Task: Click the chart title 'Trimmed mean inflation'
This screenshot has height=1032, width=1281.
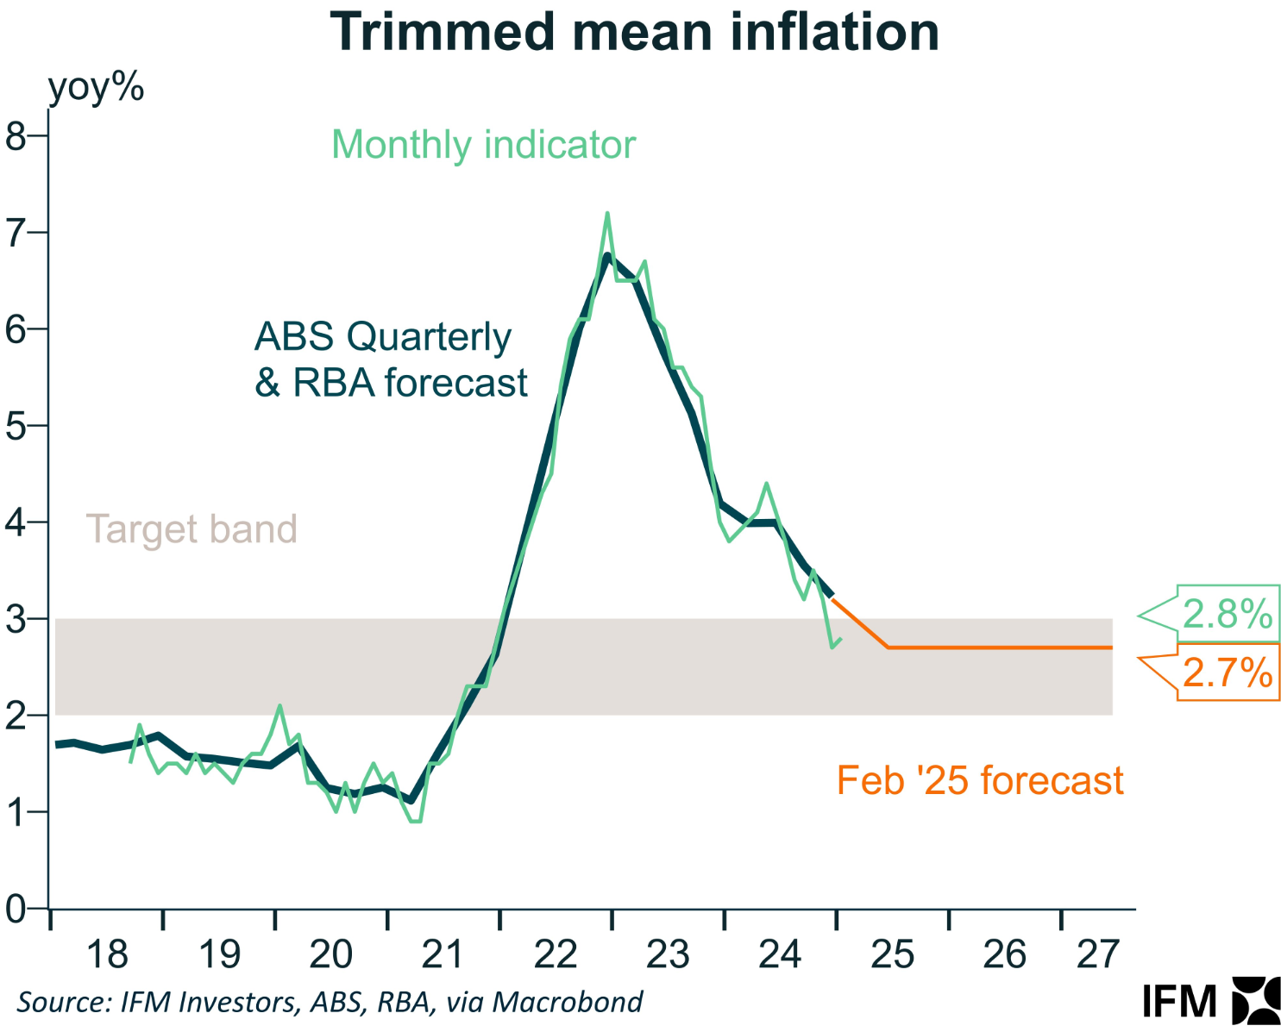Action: point(634,33)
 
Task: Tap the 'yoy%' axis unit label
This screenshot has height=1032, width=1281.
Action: point(96,88)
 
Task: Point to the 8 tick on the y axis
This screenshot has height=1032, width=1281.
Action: point(16,136)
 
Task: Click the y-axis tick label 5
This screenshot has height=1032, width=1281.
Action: point(16,426)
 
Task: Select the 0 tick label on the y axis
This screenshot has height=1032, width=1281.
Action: point(16,909)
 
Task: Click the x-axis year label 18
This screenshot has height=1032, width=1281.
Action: point(107,954)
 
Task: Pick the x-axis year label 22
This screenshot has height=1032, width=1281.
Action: point(556,954)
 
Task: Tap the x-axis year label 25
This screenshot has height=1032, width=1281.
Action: point(892,954)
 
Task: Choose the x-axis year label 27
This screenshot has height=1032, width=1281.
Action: point(1097,954)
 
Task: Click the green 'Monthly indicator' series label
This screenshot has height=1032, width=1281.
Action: point(483,145)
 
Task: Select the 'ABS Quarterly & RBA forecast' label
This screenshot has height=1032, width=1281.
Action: point(390,360)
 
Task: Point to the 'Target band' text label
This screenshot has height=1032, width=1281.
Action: point(192,529)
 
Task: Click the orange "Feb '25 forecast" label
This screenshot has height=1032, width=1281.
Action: point(980,780)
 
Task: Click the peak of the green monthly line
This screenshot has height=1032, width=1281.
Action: point(607,213)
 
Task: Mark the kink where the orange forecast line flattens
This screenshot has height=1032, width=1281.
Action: point(888,647)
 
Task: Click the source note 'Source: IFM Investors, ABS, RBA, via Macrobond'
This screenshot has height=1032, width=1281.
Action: point(330,1002)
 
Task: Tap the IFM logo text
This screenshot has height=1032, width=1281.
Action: point(1179,1001)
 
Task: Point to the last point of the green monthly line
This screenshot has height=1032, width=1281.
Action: point(841,639)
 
